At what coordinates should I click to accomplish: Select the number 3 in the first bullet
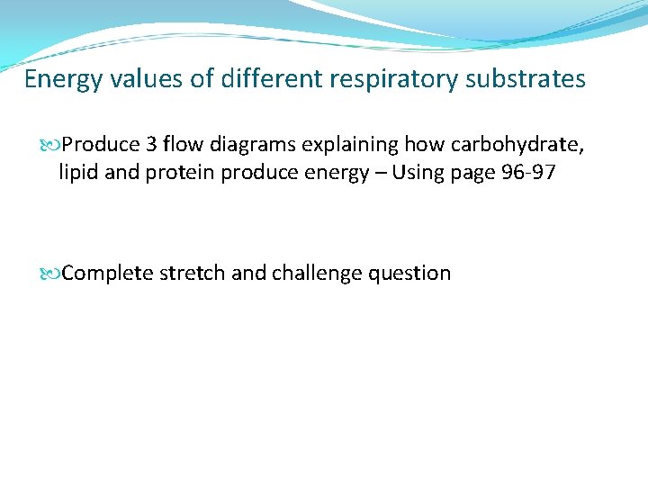[x=152, y=145]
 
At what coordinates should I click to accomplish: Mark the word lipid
[x=79, y=172]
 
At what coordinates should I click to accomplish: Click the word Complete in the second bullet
[x=108, y=274]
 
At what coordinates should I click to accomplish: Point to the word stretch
[x=193, y=274]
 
